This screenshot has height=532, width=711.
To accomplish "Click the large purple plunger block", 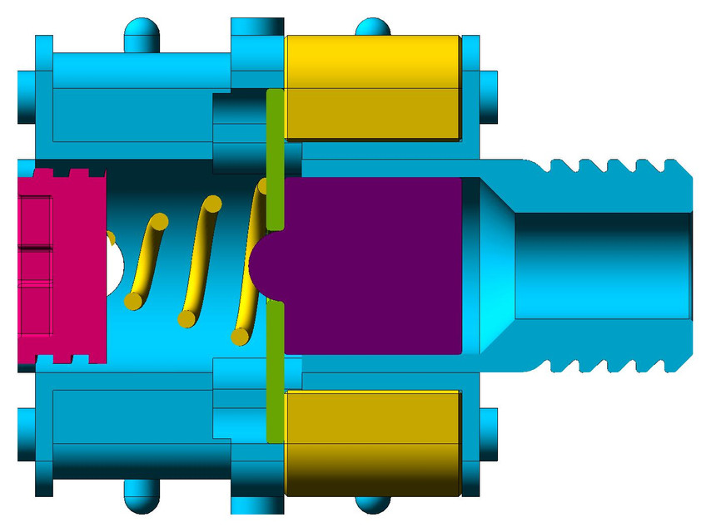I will click(375, 266).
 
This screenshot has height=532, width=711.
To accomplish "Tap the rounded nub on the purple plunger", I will click(265, 264).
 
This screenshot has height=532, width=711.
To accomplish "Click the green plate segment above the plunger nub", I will click(276, 158).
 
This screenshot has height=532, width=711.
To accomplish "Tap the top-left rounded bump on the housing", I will click(142, 33).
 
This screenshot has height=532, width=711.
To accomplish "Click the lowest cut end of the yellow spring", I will click(240, 336).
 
